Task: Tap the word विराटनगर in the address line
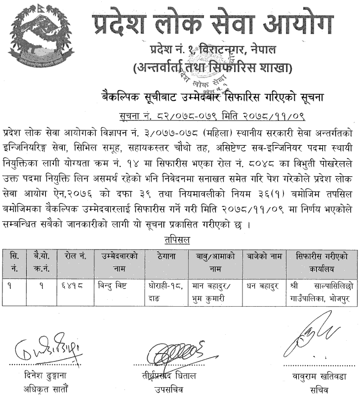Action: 232,50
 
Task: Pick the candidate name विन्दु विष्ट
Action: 113,287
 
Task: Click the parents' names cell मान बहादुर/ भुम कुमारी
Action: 213,292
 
